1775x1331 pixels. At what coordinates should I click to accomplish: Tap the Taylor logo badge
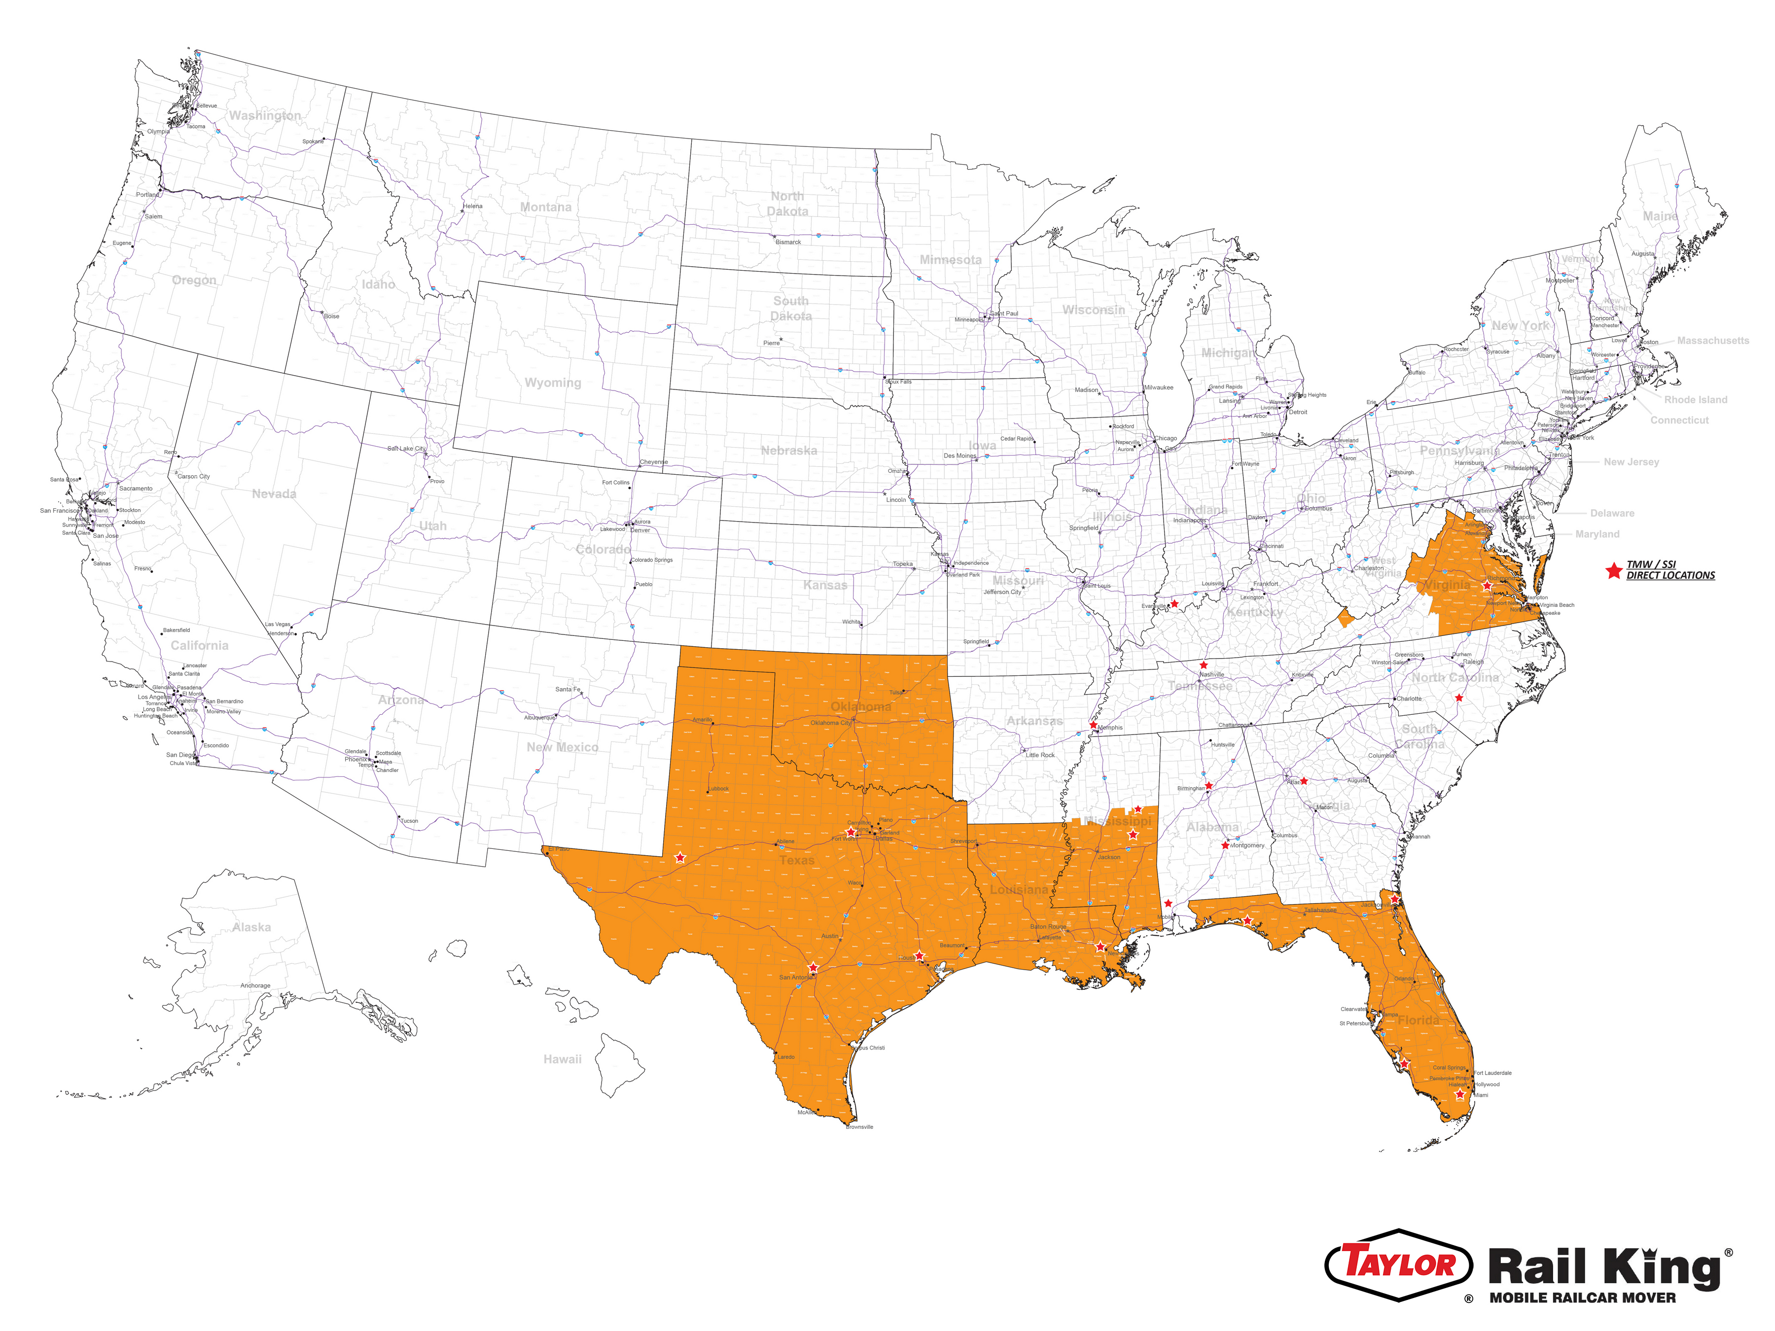pos(1399,1265)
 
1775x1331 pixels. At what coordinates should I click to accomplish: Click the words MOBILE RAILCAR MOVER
pos(1582,1298)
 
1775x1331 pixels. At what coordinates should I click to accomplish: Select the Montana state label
pos(546,207)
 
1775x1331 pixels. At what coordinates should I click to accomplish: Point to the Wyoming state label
pos(552,383)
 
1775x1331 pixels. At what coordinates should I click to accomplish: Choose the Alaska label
pos(251,927)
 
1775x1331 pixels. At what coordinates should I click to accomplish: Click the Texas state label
pos(796,860)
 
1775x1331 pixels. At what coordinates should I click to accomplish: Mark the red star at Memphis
pos(1093,725)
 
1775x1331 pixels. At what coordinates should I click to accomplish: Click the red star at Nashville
pos(1203,665)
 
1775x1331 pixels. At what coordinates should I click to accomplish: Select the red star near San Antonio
pos(813,968)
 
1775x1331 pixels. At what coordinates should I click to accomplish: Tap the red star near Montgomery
pos(1225,845)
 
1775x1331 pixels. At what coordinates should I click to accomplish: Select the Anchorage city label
pos(255,985)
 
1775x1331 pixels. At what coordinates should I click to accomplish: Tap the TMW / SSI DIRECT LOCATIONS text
pos(1670,570)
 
